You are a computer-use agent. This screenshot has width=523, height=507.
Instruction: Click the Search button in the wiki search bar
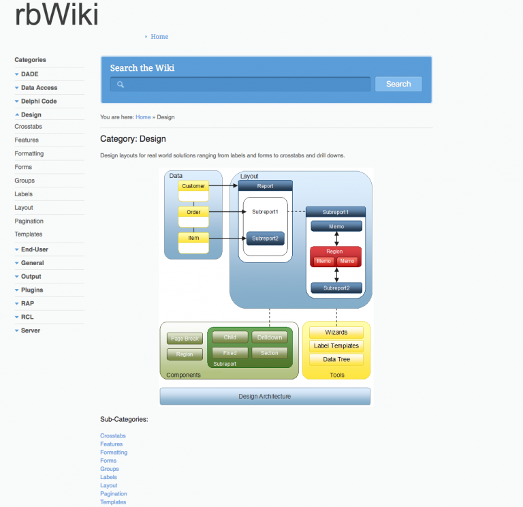tap(398, 84)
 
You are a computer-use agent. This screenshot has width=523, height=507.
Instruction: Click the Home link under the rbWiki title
tap(159, 37)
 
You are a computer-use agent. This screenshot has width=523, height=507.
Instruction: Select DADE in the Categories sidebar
tap(30, 74)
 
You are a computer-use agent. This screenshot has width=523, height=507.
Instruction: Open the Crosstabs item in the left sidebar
tap(28, 127)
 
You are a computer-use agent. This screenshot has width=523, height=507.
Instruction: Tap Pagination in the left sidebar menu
tap(29, 221)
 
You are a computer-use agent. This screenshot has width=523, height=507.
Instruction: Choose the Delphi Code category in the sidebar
tap(39, 101)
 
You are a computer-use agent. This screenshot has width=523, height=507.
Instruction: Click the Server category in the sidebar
tap(31, 331)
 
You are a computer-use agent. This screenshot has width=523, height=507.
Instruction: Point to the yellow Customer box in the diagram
tap(193, 186)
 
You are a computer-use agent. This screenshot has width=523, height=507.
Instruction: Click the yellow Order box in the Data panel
tap(193, 212)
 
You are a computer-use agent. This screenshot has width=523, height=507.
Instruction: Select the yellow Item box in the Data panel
tap(193, 238)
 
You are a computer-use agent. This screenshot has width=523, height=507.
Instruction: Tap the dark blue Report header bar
tap(265, 185)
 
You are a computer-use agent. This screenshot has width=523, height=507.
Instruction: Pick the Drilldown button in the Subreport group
tap(270, 337)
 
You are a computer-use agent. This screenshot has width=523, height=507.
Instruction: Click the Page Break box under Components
tap(185, 339)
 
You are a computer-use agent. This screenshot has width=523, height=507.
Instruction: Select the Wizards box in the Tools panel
tap(336, 333)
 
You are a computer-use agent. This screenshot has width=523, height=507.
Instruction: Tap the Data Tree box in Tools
tap(336, 359)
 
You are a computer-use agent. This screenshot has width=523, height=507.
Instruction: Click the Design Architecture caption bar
tap(265, 396)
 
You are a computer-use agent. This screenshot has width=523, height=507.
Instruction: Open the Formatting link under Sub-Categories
tap(114, 452)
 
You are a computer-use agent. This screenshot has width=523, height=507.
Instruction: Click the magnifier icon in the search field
tap(121, 84)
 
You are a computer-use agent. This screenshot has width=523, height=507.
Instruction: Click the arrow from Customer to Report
tap(222, 185)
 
